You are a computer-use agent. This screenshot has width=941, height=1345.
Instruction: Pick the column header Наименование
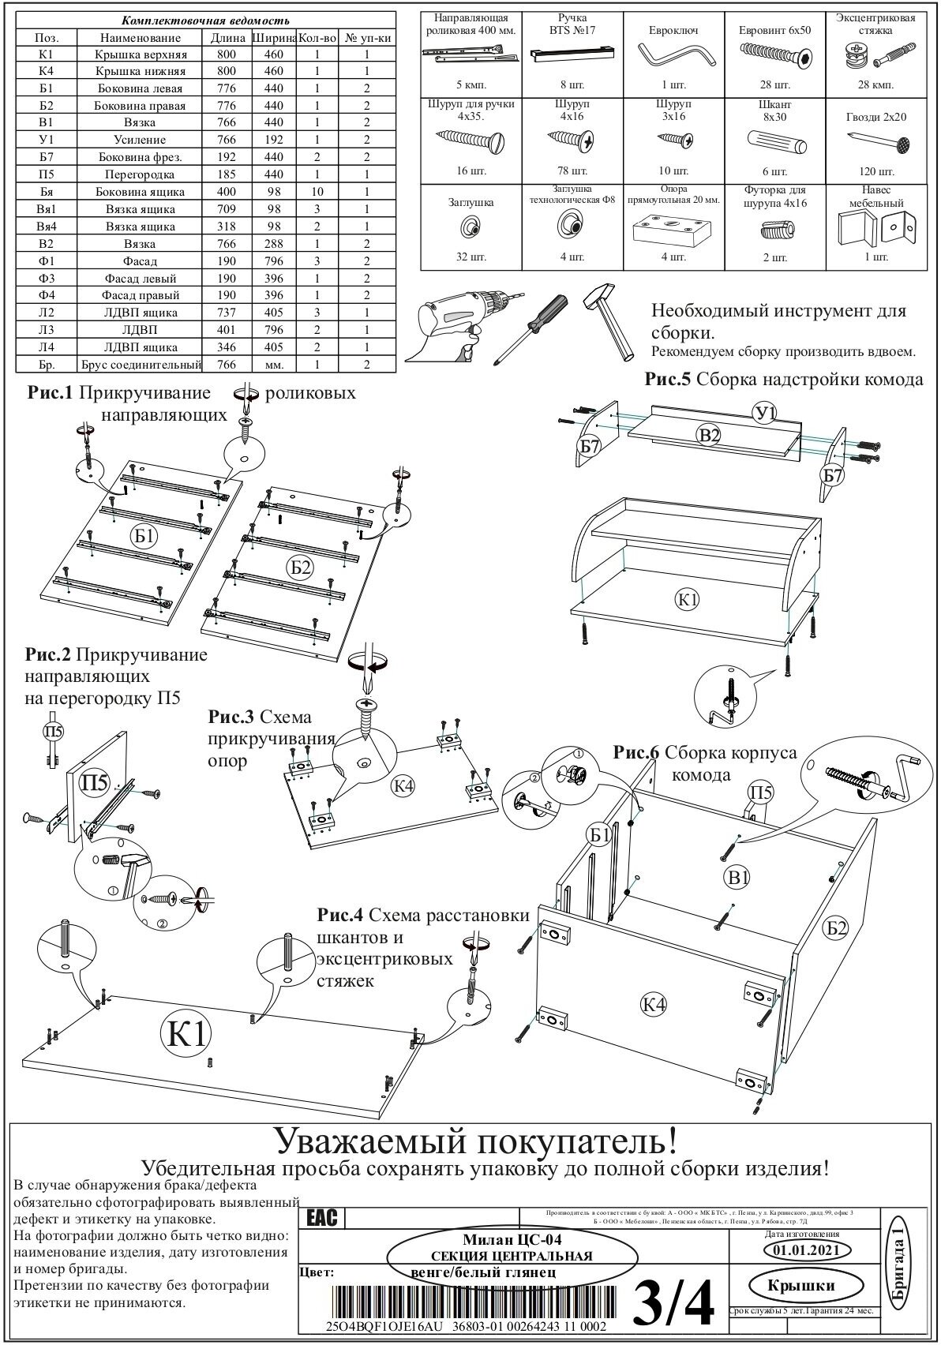coord(141,37)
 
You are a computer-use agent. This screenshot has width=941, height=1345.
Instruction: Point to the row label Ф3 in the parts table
coord(46,278)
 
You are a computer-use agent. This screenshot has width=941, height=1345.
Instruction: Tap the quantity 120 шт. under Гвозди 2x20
coord(875,171)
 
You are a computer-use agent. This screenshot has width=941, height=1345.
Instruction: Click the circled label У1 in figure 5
coord(764,412)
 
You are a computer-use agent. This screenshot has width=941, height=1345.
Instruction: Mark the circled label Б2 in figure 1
coord(301,566)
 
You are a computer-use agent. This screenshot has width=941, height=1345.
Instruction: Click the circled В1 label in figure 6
coord(738,876)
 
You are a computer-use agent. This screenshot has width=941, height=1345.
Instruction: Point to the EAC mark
coord(323,1218)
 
